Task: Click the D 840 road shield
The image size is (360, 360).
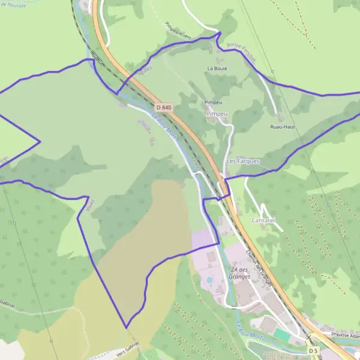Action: click(163, 107)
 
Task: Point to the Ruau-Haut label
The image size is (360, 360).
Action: click(281, 127)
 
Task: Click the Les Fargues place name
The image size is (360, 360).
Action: click(243, 161)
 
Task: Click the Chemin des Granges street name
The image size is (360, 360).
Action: click(259, 268)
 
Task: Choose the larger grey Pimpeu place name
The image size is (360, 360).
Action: click(217, 113)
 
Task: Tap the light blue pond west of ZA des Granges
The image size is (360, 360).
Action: click(209, 280)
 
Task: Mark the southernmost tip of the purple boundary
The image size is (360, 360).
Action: click(127, 328)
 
